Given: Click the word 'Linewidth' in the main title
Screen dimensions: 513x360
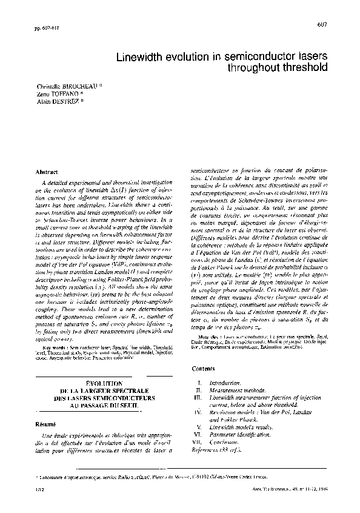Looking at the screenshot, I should click(x=148, y=56).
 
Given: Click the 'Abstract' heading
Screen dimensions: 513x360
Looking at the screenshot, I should click(x=47, y=173).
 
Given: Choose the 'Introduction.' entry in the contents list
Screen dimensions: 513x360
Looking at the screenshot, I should click(x=225, y=384).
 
